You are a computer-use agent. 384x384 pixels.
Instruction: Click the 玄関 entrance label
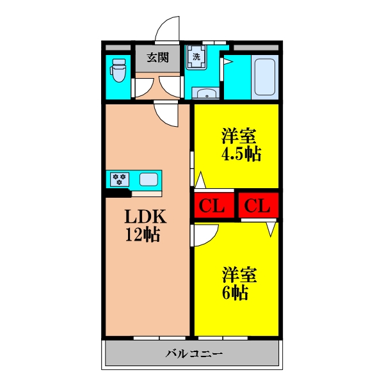point(158,58)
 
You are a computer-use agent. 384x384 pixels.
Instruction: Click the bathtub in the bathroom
point(264,78)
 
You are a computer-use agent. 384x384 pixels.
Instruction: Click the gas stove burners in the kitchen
point(120,179)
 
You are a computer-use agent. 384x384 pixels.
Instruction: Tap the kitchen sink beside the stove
point(148,179)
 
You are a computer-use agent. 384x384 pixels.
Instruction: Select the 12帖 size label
point(142,235)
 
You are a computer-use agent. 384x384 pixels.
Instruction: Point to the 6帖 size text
point(236,293)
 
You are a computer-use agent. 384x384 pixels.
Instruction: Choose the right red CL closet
point(259,206)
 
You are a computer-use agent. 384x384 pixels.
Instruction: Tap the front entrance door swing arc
point(168,29)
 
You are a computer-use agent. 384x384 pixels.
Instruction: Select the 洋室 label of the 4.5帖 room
point(239,136)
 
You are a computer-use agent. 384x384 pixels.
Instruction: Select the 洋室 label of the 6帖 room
point(239,275)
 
